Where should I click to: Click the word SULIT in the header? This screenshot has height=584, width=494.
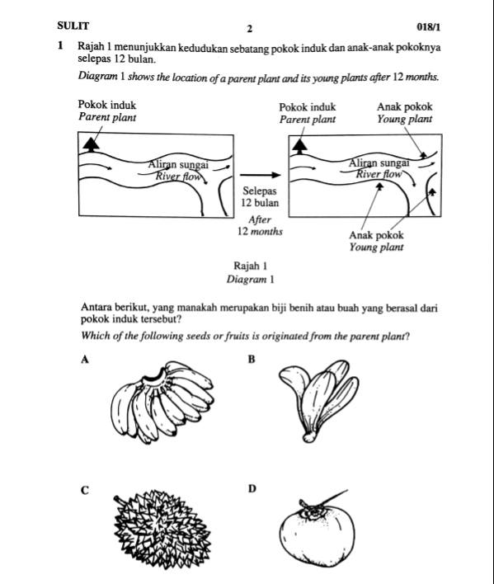(x=73, y=26)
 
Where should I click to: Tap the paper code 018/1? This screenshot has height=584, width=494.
(x=429, y=27)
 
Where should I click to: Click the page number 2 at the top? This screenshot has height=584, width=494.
(x=250, y=29)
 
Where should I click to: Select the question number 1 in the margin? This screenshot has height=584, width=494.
(x=59, y=46)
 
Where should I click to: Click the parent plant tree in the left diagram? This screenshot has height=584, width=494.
(x=92, y=144)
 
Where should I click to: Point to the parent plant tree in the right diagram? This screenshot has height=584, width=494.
(x=299, y=146)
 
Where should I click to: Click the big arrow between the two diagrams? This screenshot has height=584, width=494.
(x=260, y=175)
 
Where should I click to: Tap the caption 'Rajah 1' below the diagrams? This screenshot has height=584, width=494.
(x=250, y=266)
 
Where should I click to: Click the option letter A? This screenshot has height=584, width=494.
(x=85, y=360)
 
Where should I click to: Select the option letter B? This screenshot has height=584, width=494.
(x=252, y=360)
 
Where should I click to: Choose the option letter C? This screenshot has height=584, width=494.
(x=85, y=491)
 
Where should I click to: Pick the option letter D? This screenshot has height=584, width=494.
(x=252, y=488)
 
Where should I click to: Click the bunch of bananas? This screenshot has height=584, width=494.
(x=162, y=403)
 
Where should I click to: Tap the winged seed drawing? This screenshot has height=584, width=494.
(x=319, y=401)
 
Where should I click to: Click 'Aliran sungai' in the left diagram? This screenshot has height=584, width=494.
(x=178, y=165)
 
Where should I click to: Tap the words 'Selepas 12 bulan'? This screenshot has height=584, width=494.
(x=261, y=196)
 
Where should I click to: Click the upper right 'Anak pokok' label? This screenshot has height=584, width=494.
(x=405, y=107)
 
